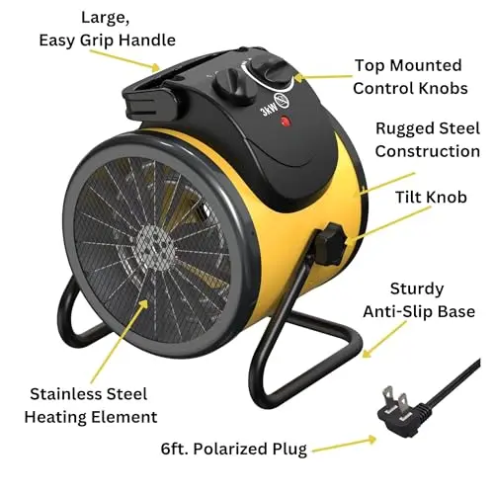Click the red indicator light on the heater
point(286,122)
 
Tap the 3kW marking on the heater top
point(269,109)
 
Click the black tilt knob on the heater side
point(329,244)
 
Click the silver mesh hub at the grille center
point(155,247)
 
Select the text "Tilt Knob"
point(431,198)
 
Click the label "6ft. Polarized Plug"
point(234,450)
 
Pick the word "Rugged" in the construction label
point(400,129)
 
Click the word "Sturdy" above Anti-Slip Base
point(417,289)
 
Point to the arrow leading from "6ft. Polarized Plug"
point(344,445)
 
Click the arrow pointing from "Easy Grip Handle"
point(125,61)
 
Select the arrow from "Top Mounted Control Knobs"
point(323,78)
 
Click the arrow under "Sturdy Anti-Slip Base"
point(384,340)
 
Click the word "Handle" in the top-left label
point(147,41)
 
